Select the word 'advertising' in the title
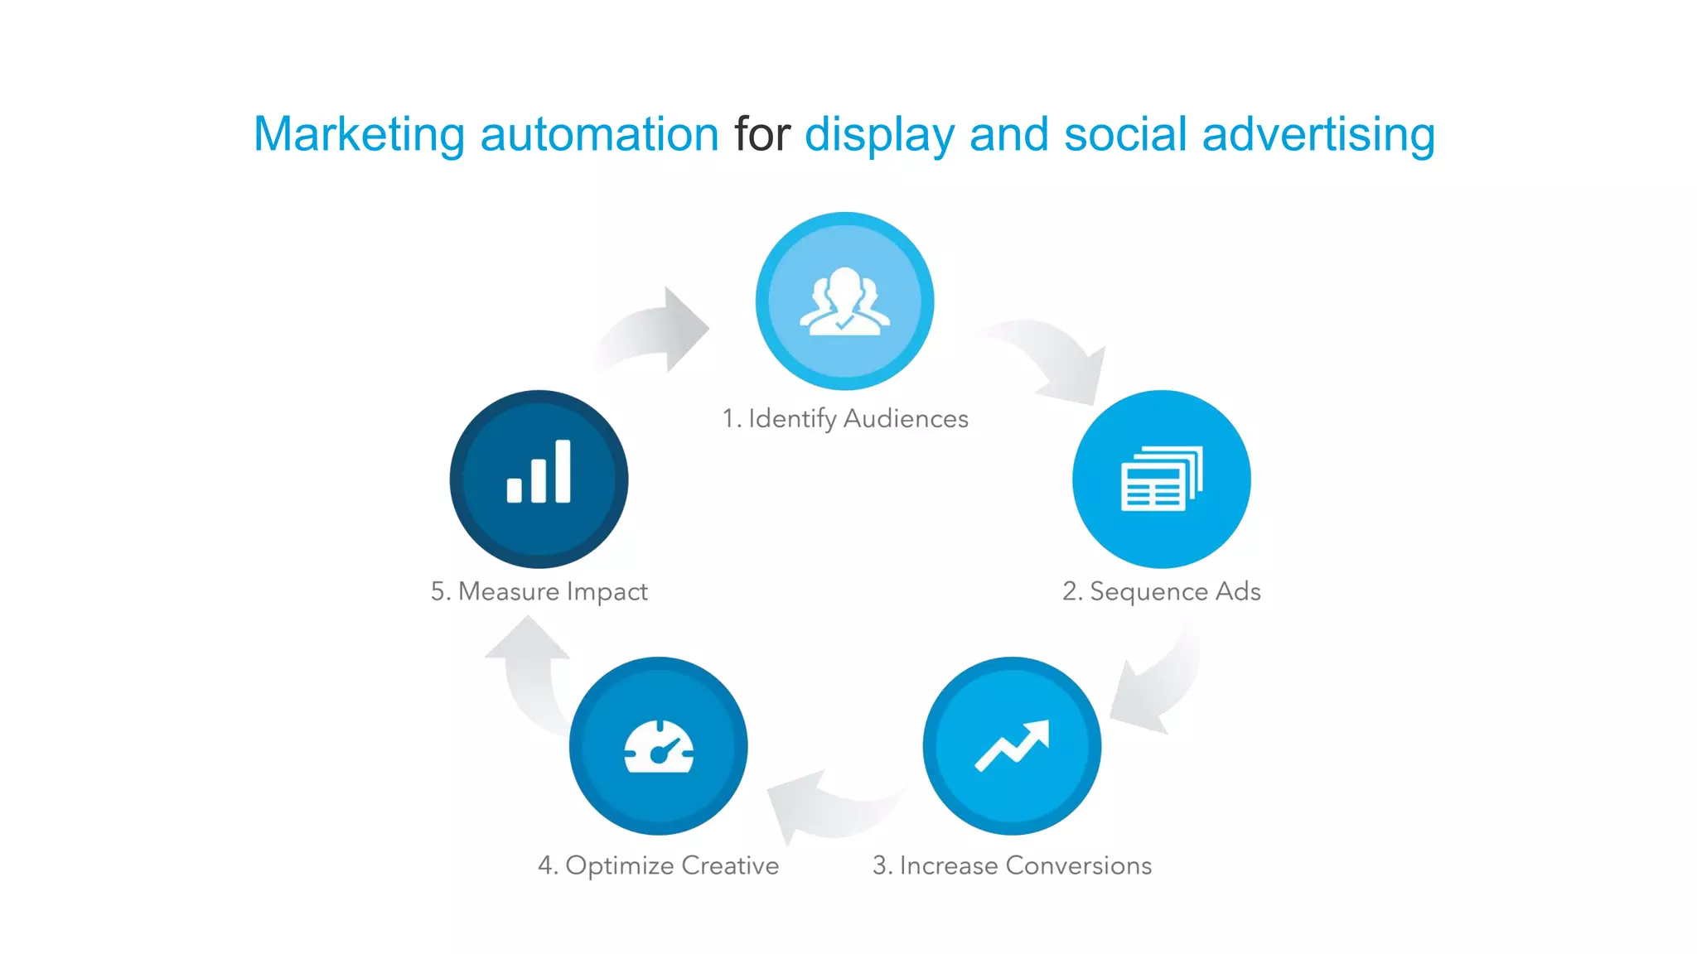1317,134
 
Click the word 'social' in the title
1125,134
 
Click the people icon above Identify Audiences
844,301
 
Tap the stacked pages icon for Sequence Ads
1161,479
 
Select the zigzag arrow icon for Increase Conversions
1012,745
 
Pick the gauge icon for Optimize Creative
659,747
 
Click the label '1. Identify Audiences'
844,419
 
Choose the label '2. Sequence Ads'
1161,591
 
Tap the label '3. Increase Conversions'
1012,865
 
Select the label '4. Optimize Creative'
659,865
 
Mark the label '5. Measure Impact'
539,591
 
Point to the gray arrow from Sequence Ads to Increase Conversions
1156,687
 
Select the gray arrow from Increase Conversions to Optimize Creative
829,807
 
